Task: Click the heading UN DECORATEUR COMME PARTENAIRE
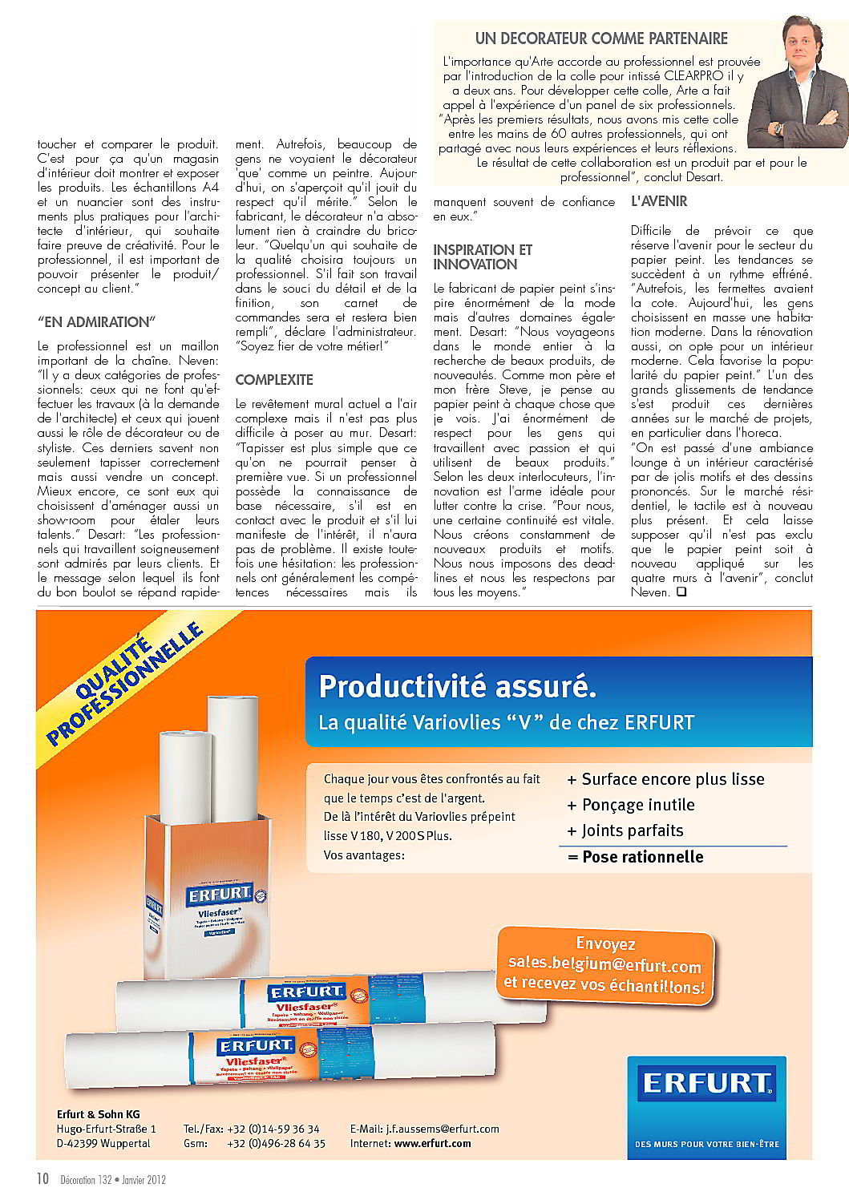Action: (x=601, y=38)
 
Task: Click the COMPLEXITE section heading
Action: (x=274, y=380)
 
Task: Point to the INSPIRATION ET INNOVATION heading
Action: (x=483, y=257)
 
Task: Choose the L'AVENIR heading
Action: (x=659, y=201)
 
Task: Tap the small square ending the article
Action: (x=681, y=592)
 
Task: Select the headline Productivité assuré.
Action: (x=458, y=687)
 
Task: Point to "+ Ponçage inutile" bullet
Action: (x=630, y=805)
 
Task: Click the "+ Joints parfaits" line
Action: (x=625, y=830)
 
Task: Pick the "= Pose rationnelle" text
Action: (x=635, y=857)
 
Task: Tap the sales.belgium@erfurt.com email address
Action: (x=604, y=965)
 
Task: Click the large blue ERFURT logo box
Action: (x=706, y=1106)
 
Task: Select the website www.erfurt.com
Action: (x=432, y=1143)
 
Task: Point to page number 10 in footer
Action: (x=43, y=1178)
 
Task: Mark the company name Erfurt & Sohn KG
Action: (x=98, y=1114)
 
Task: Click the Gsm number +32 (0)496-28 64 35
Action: (x=276, y=1143)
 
